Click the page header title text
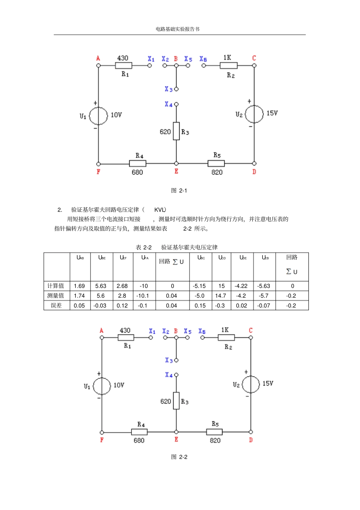(x=177, y=29)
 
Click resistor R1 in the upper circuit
(x=124, y=66)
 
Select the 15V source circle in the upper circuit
(x=254, y=114)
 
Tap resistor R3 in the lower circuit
(x=176, y=401)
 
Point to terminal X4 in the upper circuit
(x=176, y=104)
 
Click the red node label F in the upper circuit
(x=99, y=172)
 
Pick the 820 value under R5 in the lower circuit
(x=215, y=440)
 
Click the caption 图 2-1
(x=179, y=190)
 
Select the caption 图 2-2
(x=179, y=457)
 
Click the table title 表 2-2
(x=144, y=247)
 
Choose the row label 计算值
(x=56, y=286)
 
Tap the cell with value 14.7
(x=221, y=296)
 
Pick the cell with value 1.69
(x=79, y=286)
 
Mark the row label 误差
(x=56, y=306)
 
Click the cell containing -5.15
(x=200, y=286)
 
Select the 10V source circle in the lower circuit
(x=102, y=386)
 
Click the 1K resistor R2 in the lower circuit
(x=226, y=337)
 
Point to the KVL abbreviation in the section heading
(x=160, y=210)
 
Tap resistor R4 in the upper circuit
(x=138, y=164)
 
